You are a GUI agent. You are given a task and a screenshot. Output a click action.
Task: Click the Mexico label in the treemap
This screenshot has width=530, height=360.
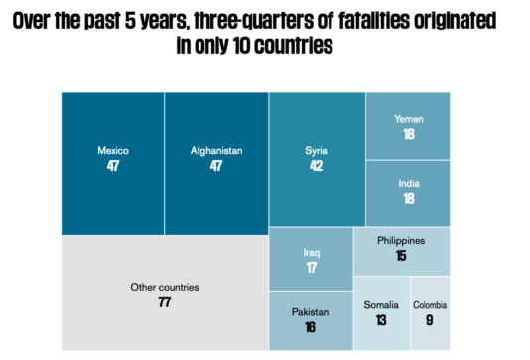pos(113,151)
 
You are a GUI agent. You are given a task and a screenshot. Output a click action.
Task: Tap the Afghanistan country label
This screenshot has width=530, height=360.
pos(216,151)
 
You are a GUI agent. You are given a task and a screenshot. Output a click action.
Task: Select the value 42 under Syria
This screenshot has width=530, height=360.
pos(317,165)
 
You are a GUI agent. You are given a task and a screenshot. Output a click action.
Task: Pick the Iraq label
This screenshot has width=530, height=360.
pos(312,252)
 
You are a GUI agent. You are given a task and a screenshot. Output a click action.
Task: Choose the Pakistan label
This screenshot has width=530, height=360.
pos(311,312)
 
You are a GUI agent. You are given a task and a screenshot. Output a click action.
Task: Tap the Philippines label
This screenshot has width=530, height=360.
pos(401,240)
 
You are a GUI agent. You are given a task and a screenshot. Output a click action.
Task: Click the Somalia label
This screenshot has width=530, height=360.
pos(381,304)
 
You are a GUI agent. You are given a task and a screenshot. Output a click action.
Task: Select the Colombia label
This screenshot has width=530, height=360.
pos(430,304)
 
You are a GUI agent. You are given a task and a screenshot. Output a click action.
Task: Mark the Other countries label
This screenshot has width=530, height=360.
pos(165,287)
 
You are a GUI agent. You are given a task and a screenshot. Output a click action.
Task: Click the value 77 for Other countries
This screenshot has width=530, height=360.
pos(165,301)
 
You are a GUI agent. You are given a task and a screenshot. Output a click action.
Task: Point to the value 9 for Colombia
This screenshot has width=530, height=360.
pos(430,319)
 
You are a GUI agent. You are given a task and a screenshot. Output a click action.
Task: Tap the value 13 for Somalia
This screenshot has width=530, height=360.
pos(381,319)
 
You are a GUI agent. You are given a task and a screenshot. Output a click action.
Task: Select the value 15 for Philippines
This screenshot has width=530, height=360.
pos(401,255)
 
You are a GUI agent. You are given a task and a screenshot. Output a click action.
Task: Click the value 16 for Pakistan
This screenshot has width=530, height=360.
pos(311,327)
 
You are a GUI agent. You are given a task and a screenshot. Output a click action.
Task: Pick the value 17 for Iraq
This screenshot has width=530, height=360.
pos(312,267)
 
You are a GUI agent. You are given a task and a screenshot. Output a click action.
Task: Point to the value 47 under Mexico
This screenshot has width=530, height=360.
pos(113,166)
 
